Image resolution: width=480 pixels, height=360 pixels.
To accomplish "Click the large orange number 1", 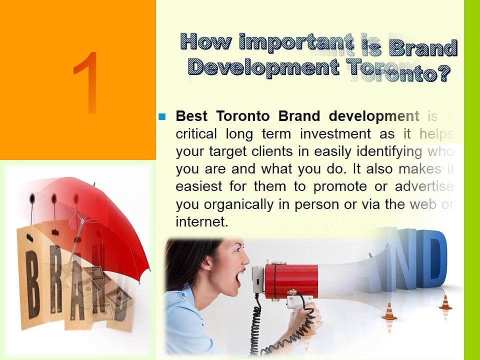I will (x=86, y=82).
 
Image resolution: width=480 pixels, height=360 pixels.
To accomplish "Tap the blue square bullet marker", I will (x=161, y=117).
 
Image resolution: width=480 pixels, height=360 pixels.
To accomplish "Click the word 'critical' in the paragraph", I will (x=196, y=134).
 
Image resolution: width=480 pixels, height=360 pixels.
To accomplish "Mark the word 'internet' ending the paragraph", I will (x=201, y=222).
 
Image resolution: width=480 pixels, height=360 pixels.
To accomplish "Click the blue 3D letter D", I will (x=432, y=260).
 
